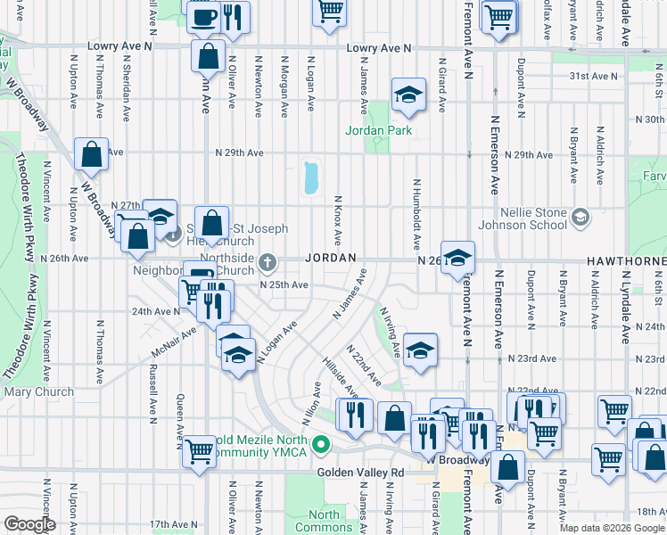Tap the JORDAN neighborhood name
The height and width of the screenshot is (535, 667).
pos(332,258)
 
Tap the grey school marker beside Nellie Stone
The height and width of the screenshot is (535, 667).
pos(581,217)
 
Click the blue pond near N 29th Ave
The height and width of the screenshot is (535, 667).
pos(311,177)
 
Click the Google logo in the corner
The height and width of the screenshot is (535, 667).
pos(29,524)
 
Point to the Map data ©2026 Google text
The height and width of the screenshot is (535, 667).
pos(613,528)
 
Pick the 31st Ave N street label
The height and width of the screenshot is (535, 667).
pos(592,77)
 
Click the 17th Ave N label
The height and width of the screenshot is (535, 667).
pos(171,524)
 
